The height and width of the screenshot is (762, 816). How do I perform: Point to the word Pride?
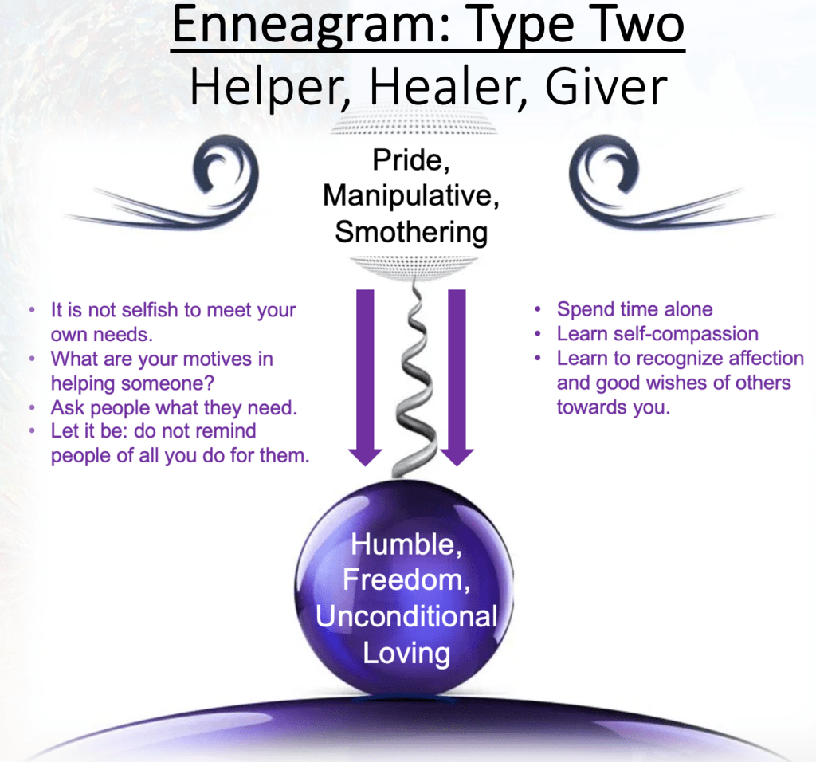point(411,159)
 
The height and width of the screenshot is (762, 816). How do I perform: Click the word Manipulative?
point(410,196)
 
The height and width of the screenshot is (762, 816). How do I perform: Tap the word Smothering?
point(411,233)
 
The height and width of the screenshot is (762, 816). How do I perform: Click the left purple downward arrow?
point(365,377)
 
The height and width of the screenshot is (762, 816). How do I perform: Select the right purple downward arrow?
point(457,377)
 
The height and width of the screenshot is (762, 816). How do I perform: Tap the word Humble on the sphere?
point(406,544)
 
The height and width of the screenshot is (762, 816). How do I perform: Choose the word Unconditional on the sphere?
point(406,616)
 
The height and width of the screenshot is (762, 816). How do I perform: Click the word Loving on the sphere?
point(406,653)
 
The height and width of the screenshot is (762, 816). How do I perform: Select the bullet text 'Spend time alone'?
point(634,309)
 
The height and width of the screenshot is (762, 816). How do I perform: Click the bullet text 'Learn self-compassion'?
point(657,334)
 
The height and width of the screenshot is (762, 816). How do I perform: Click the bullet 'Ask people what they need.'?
point(174,408)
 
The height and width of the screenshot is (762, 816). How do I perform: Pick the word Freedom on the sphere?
point(406,579)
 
